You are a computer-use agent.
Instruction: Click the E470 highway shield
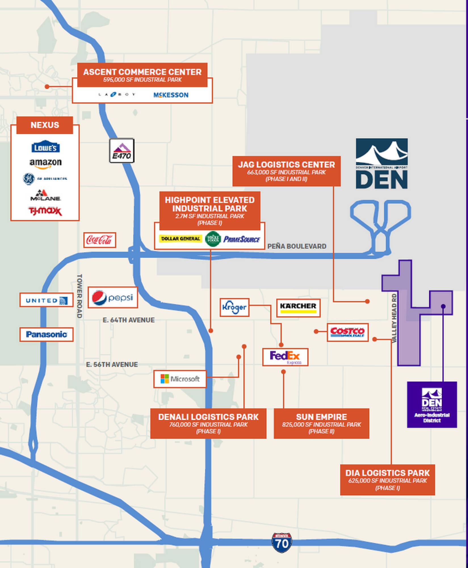click(122, 151)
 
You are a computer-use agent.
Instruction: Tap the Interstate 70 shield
click(282, 542)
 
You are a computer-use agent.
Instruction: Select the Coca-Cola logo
click(100, 240)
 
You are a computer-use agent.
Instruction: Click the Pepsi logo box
click(113, 298)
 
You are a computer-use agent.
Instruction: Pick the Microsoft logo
click(180, 379)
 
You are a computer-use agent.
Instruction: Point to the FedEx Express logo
click(285, 357)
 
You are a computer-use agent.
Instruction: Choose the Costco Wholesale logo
click(348, 332)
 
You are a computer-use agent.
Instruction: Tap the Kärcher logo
click(298, 308)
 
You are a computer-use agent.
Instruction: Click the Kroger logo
click(234, 307)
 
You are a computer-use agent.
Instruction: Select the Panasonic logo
click(46, 335)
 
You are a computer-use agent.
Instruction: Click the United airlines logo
click(46, 300)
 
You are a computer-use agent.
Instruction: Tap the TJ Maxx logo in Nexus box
click(45, 211)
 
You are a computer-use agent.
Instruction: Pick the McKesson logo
click(171, 95)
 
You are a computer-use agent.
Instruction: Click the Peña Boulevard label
click(297, 246)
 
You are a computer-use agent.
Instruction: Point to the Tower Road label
click(79, 296)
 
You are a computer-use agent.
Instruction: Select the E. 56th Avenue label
click(112, 364)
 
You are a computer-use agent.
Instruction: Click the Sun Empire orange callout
click(321, 423)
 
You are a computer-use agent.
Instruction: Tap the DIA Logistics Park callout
click(387, 480)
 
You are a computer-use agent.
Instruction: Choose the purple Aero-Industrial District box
click(432, 404)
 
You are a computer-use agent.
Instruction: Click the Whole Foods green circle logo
click(213, 239)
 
